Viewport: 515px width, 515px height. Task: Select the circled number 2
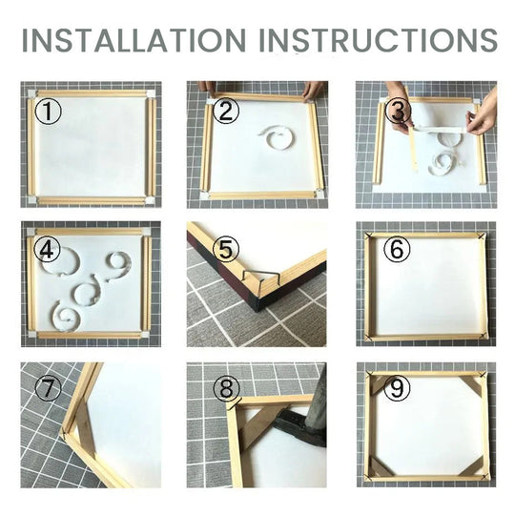click(224, 111)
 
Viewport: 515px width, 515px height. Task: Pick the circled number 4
click(48, 251)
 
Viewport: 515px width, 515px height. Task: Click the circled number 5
click(225, 251)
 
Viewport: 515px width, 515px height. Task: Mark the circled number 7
click(48, 390)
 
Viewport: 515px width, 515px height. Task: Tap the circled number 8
click(225, 390)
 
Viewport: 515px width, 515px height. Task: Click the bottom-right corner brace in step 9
click(470, 466)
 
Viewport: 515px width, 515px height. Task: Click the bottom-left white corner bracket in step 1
click(31, 197)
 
